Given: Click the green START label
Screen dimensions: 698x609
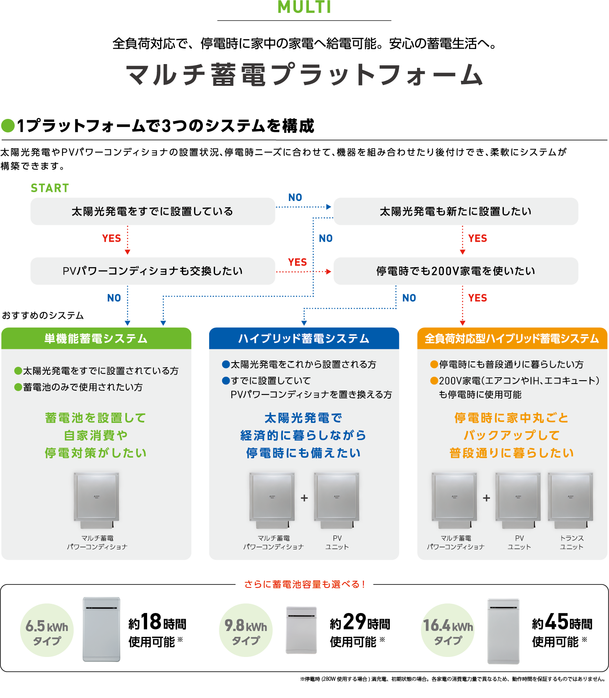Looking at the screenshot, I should (x=49, y=188).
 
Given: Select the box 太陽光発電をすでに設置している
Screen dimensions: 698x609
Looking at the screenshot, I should (x=153, y=211).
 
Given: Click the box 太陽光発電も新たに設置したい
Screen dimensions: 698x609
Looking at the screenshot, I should (x=456, y=211).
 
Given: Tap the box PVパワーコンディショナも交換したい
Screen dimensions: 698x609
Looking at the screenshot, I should (x=153, y=271).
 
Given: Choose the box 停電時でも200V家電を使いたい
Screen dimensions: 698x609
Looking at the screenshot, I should (x=456, y=271).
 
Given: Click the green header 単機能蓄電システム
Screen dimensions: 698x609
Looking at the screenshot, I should (x=96, y=338).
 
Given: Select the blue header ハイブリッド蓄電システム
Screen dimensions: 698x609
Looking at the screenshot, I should (x=304, y=338).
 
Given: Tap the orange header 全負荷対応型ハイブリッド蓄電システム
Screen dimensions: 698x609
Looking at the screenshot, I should (x=512, y=338).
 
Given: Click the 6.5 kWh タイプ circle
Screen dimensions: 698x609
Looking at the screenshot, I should (x=47, y=630).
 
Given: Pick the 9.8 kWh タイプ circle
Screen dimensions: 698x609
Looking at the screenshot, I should (x=246, y=630).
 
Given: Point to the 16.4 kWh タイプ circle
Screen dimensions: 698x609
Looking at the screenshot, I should (x=448, y=630).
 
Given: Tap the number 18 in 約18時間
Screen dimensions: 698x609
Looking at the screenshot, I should (x=151, y=621).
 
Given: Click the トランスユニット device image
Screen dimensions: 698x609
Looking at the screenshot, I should (x=570, y=500).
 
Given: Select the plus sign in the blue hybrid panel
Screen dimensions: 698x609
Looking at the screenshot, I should (x=304, y=498).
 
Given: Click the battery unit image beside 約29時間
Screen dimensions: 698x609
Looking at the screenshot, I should (x=301, y=630).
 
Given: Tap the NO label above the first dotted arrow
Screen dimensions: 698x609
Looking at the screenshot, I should (x=295, y=197).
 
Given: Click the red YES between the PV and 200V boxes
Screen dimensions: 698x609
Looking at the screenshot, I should (x=298, y=262).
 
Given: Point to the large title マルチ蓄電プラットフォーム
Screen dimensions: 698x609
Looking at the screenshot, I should (x=304, y=75).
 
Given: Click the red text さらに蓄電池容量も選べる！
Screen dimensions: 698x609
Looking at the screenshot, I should (x=304, y=584).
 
